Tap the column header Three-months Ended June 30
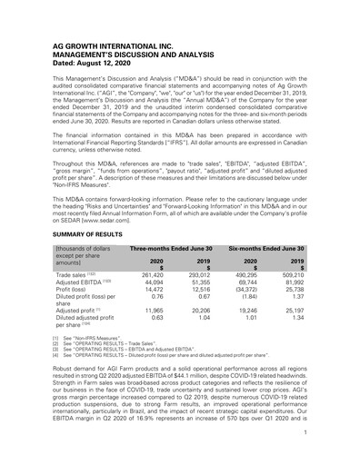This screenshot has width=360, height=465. [x=171, y=248]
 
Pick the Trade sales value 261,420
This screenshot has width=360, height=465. [x=150, y=272]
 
